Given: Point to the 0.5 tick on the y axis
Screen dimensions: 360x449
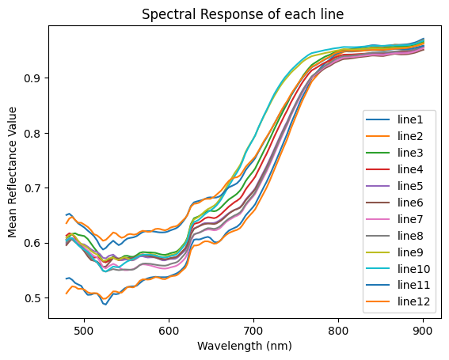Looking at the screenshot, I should coord(34,298).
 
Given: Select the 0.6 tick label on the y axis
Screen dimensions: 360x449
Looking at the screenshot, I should coord(34,243).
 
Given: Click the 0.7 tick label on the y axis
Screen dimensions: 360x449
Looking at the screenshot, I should coord(34,188).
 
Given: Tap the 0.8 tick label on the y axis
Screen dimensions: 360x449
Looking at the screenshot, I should coord(34,133).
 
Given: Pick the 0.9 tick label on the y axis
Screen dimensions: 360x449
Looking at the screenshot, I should coord(34,78).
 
